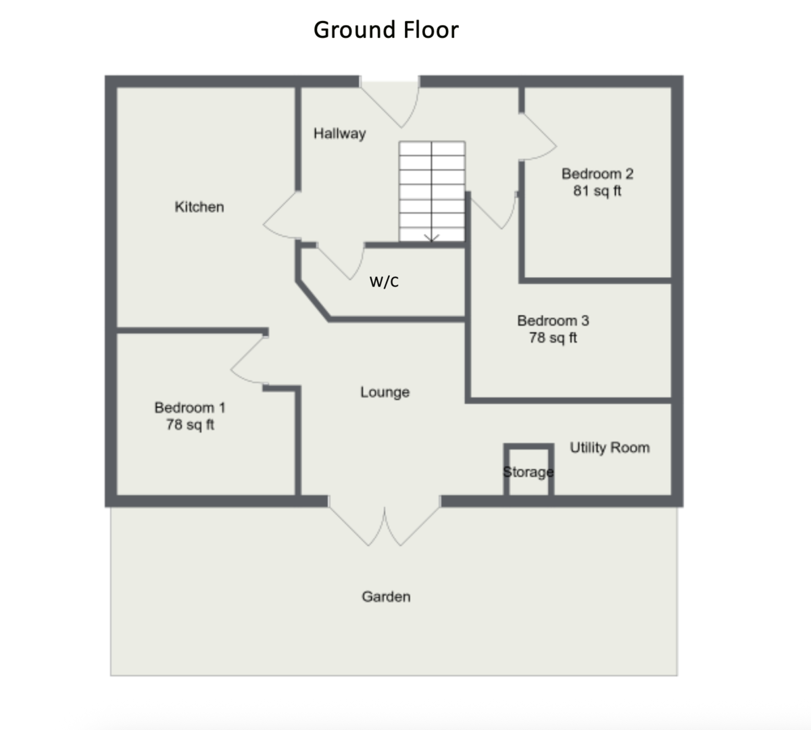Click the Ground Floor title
pos(386,30)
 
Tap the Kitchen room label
pos(199,207)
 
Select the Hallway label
pos(339,133)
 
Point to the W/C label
pos(384,282)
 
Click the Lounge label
pos(385,392)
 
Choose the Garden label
pos(386,596)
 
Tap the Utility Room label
pos(610,447)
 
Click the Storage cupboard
pos(529,471)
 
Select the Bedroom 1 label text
pos(190,408)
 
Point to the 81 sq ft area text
pos(597,191)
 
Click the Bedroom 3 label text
pos(553,320)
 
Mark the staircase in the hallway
pos(432,191)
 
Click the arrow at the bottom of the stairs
pos(432,237)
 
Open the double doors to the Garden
pos(385,525)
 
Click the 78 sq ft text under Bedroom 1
pos(190,425)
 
